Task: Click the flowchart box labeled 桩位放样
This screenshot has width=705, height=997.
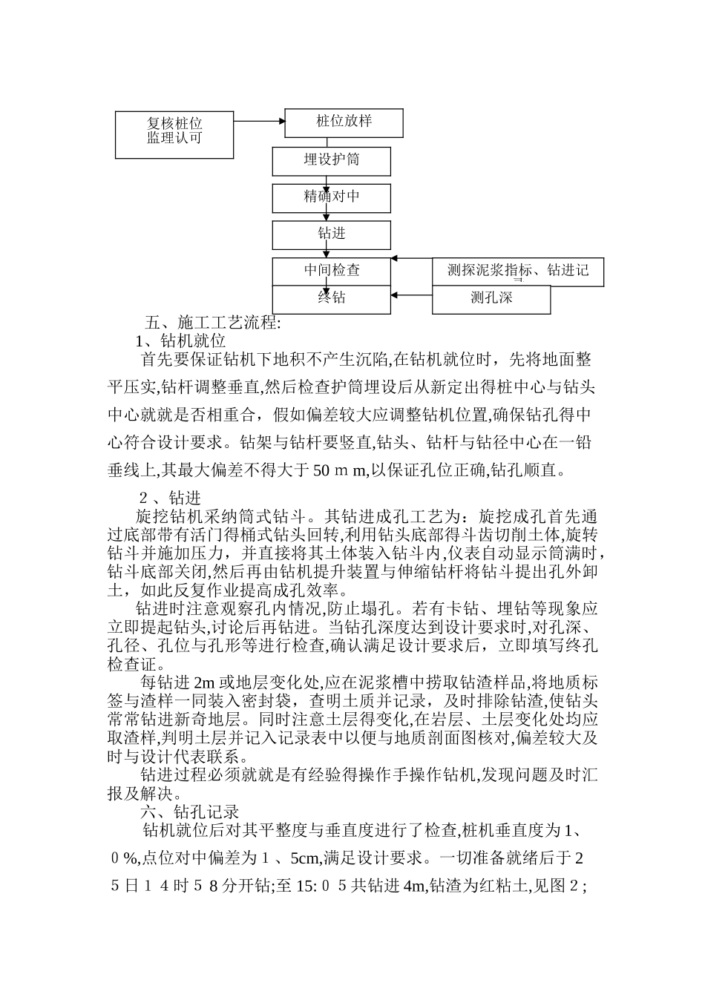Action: click(344, 122)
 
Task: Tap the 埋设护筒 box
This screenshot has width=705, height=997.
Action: click(332, 161)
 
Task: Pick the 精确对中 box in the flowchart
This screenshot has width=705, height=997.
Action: click(332, 197)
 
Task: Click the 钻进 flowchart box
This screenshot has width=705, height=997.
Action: click(332, 234)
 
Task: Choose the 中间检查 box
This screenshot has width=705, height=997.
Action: click(332, 271)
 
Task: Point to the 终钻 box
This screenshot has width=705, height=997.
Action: click(332, 298)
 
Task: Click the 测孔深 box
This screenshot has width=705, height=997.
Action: click(491, 299)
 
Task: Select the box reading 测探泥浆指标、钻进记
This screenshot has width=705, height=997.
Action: click(518, 272)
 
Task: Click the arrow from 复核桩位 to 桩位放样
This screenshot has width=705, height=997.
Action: click(260, 121)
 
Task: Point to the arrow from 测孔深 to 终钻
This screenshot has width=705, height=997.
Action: click(412, 296)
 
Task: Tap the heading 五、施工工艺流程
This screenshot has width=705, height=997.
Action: click(212, 323)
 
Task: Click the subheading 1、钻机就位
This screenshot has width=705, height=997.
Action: click(181, 341)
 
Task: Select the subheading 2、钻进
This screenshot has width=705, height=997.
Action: click(171, 498)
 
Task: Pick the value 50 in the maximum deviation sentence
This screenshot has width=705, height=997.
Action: click(321, 470)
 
